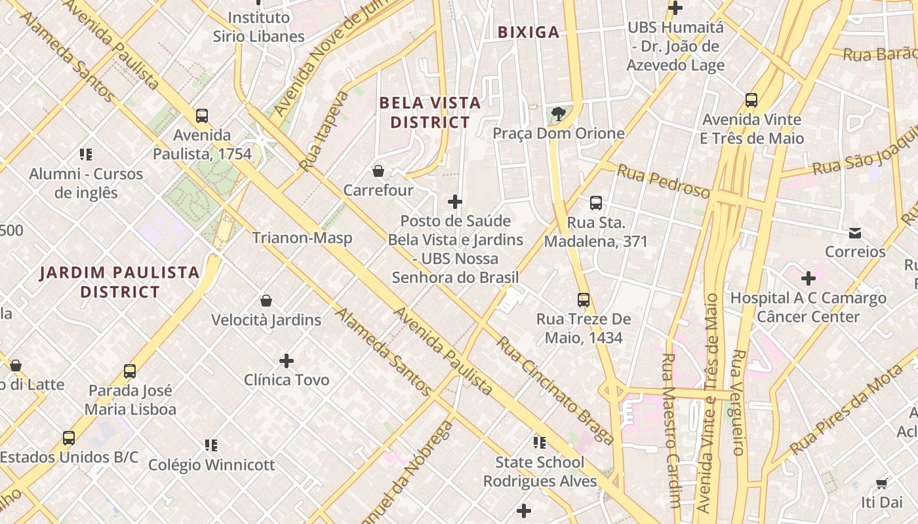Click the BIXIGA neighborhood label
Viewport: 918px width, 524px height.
(x=529, y=32)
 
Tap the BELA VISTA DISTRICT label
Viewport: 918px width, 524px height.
(x=430, y=113)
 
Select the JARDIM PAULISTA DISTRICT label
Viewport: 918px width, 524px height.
(x=119, y=282)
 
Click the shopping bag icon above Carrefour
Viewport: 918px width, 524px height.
(x=378, y=172)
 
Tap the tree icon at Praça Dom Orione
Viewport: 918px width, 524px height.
(x=558, y=115)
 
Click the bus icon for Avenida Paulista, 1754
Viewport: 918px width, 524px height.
(x=202, y=116)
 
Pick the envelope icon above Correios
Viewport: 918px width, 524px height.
(x=855, y=233)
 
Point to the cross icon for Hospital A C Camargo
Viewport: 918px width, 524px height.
(x=808, y=278)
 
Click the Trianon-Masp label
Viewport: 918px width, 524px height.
(x=302, y=238)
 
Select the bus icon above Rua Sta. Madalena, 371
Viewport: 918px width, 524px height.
(x=596, y=203)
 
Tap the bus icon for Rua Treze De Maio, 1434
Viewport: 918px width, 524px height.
(x=584, y=300)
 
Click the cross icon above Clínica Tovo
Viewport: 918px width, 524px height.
(x=287, y=360)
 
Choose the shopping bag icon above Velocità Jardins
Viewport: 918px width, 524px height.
(x=266, y=301)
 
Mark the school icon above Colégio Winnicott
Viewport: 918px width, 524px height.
(x=211, y=445)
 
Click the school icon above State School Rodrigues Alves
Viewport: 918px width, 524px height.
(x=540, y=443)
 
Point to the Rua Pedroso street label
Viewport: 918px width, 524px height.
(x=664, y=181)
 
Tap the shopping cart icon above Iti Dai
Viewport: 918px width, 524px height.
(x=882, y=483)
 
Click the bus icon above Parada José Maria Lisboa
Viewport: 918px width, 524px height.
(x=130, y=371)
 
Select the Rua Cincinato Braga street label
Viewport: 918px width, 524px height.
(x=555, y=390)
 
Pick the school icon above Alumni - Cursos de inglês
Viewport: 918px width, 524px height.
(x=86, y=155)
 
